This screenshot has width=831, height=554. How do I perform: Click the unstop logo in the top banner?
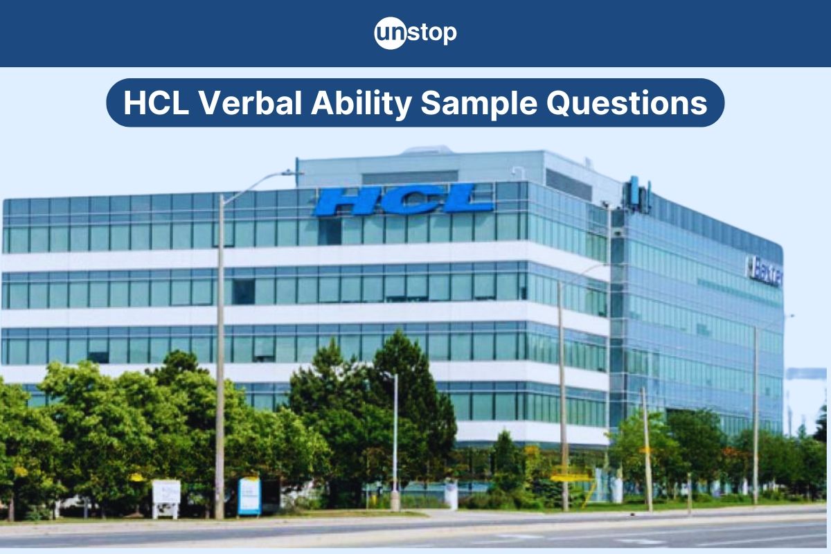point(415,33)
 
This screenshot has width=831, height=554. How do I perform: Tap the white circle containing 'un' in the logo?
point(389,33)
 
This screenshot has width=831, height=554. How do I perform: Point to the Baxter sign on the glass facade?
point(765,272)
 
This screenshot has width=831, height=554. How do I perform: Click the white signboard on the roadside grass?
point(166,492)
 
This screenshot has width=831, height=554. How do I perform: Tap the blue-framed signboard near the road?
point(249,496)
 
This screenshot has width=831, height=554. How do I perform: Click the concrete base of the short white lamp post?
point(395,500)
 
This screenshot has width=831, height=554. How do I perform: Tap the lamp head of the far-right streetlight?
point(789,316)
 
